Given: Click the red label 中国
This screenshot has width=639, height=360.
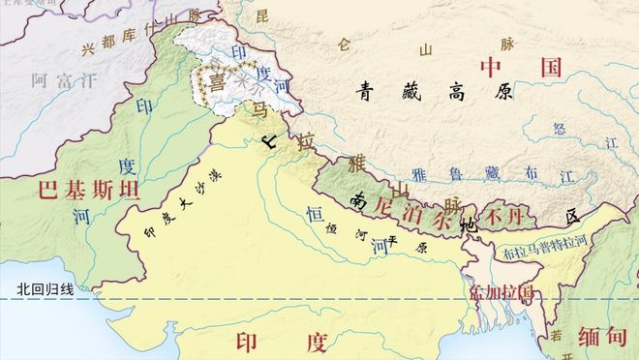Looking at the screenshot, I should tap(521, 67).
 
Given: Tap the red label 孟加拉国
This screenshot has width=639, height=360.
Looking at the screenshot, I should tap(502, 290).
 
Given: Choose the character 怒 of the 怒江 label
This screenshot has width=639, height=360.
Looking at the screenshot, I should tap(559, 126).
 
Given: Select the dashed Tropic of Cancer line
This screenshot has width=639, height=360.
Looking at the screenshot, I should tap(290, 301).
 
